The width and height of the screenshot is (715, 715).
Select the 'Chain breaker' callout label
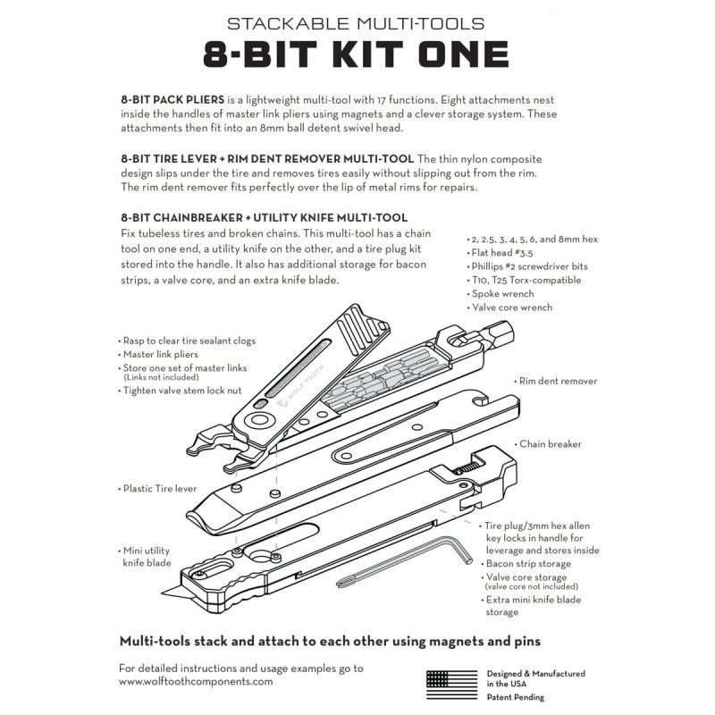tap(551, 444)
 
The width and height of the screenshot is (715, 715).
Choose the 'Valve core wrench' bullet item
tap(514, 307)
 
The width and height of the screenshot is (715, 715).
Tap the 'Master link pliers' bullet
tap(163, 355)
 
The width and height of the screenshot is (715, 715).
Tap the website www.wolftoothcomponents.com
tap(195, 681)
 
